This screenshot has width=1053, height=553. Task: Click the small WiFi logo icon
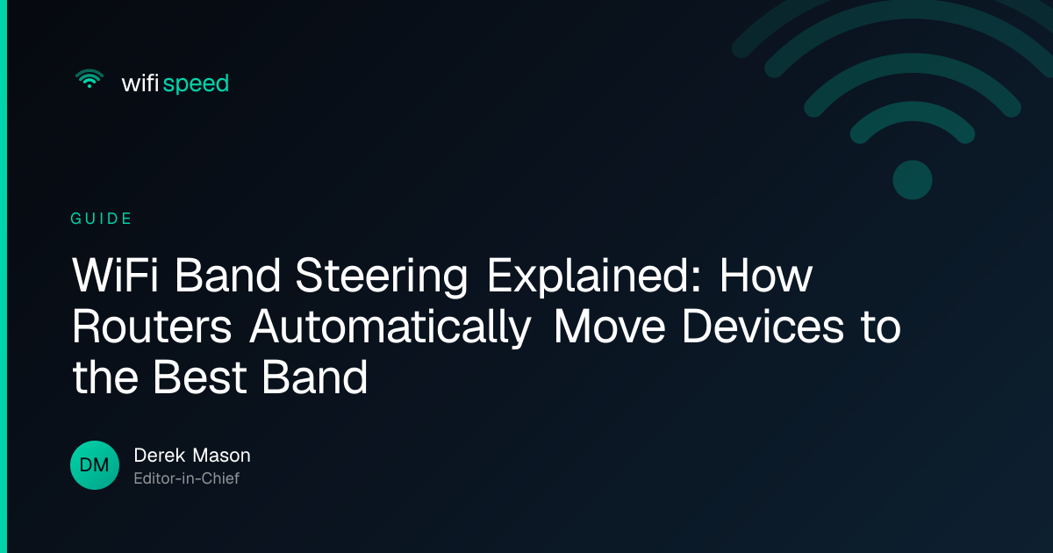pyautogui.click(x=90, y=78)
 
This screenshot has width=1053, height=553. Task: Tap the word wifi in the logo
pyautogui.click(x=140, y=83)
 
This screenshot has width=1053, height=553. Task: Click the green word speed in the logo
pyautogui.click(x=196, y=84)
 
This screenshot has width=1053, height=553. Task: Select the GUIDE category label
pyautogui.click(x=101, y=219)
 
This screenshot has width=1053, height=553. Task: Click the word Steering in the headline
pyautogui.click(x=381, y=276)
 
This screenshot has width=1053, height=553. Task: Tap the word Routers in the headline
pyautogui.click(x=152, y=327)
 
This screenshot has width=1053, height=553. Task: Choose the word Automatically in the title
pyautogui.click(x=390, y=327)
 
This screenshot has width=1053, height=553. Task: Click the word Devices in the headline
pyautogui.click(x=763, y=326)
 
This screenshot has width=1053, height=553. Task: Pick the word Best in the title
pyautogui.click(x=200, y=377)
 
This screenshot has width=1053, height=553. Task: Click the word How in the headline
pyautogui.click(x=766, y=276)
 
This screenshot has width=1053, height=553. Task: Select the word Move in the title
pyautogui.click(x=610, y=327)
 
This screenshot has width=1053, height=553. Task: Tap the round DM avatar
pyautogui.click(x=95, y=465)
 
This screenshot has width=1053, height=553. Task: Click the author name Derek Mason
pyautogui.click(x=192, y=456)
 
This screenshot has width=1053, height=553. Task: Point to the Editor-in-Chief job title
pyautogui.click(x=187, y=478)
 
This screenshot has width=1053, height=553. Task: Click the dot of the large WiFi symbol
pyautogui.click(x=913, y=180)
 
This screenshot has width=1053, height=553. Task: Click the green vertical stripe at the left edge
pyautogui.click(x=4, y=276)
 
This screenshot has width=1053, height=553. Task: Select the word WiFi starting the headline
pyautogui.click(x=115, y=276)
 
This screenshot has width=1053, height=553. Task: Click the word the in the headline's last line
pyautogui.click(x=105, y=377)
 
